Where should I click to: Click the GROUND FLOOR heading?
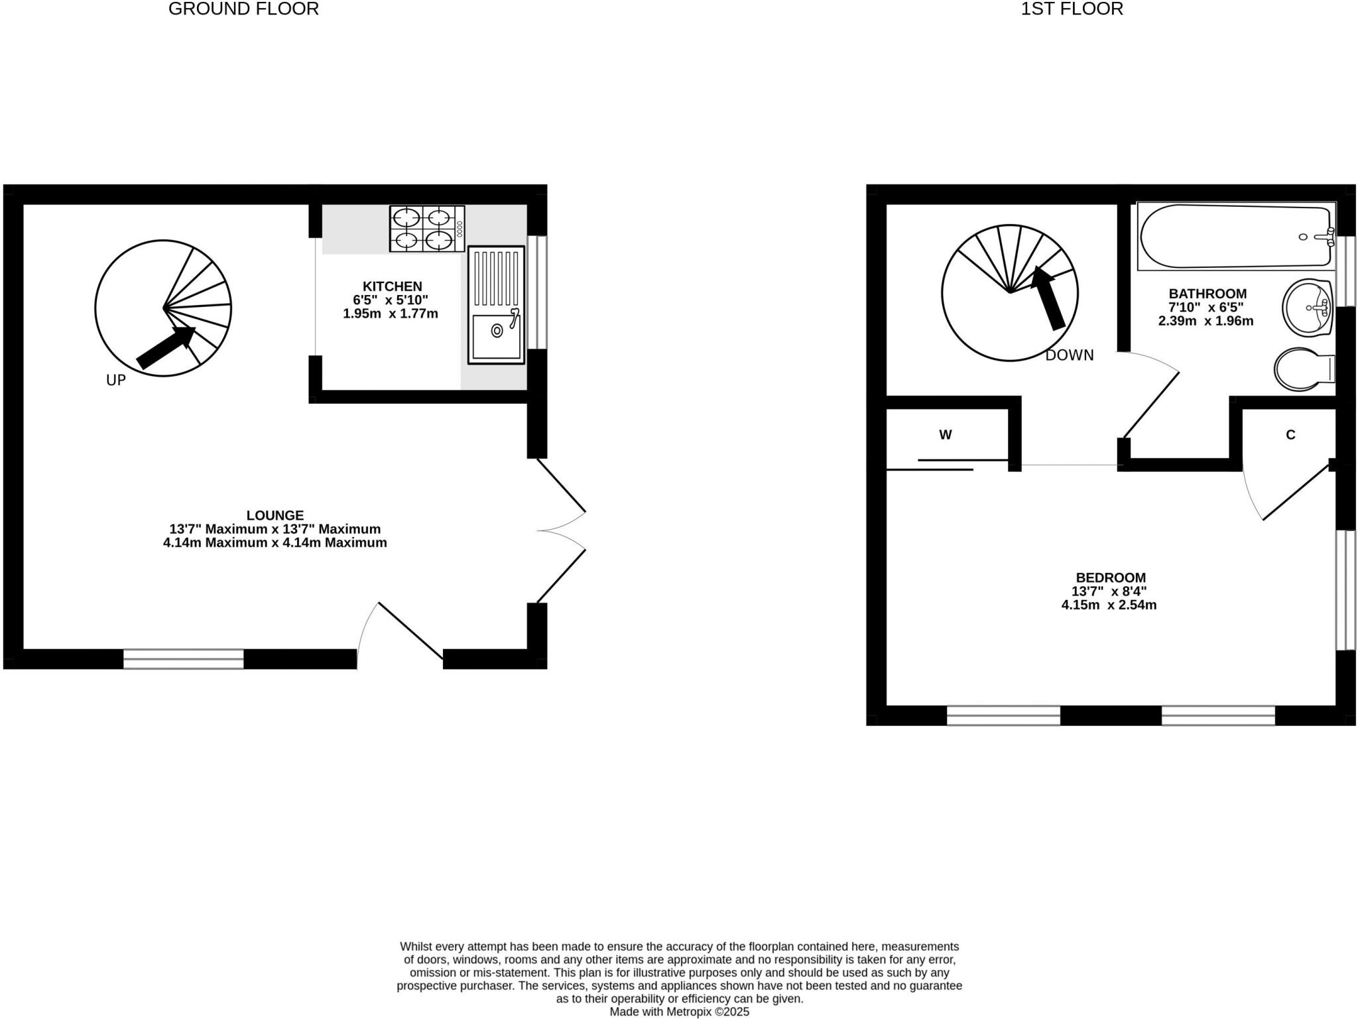243,9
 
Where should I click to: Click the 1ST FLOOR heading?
1072,9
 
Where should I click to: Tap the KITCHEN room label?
392,286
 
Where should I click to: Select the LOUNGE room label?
275,515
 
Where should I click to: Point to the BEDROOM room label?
1110,577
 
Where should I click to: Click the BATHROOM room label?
1207,294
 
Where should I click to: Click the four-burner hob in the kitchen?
426,229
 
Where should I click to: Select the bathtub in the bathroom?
1235,236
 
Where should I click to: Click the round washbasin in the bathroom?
1306,308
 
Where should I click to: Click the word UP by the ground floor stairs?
116,381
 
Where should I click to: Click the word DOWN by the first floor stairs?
1069,355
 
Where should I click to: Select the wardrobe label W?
945,435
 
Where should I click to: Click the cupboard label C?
1290,435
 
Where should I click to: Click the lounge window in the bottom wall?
183,658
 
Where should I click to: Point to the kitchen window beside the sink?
541,292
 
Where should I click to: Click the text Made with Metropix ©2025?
679,1012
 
